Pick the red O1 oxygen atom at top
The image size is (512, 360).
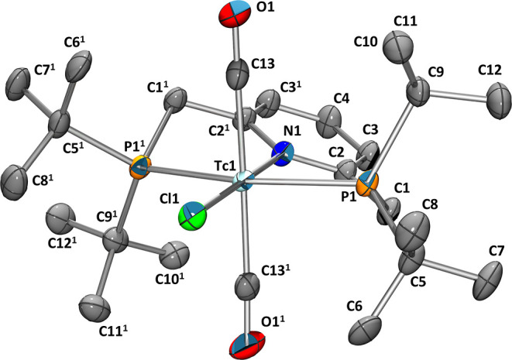(235, 13)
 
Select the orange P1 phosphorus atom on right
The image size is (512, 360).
(369, 185)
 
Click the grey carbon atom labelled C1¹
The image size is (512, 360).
(177, 96)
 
